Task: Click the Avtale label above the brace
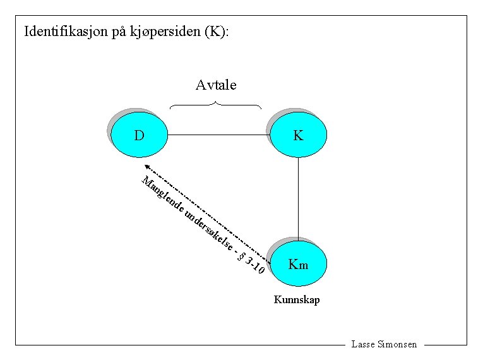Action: point(216,85)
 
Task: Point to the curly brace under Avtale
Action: point(216,104)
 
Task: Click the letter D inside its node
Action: point(139,135)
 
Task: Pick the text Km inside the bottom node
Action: point(298,264)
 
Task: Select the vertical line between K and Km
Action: point(298,199)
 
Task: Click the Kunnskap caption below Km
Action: point(297,299)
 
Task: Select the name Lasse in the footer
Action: point(362,344)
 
